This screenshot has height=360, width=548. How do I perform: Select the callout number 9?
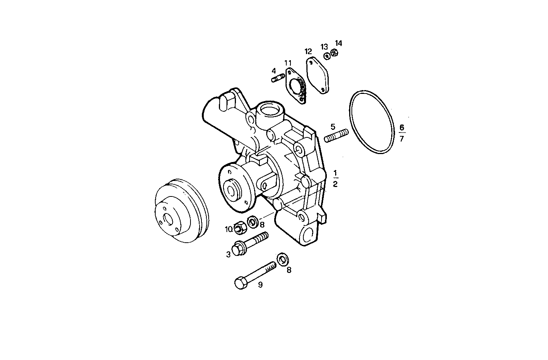pos(260,285)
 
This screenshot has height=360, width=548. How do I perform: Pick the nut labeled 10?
pos(240,227)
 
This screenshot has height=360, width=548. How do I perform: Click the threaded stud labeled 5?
pos(336,136)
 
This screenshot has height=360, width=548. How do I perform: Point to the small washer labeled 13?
pos(326,56)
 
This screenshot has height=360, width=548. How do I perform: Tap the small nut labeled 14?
pos(334,52)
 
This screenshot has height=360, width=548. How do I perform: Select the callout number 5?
pos(333,126)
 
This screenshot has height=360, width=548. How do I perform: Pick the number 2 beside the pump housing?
pos(335,184)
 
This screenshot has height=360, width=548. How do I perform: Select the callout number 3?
pos(228,255)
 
